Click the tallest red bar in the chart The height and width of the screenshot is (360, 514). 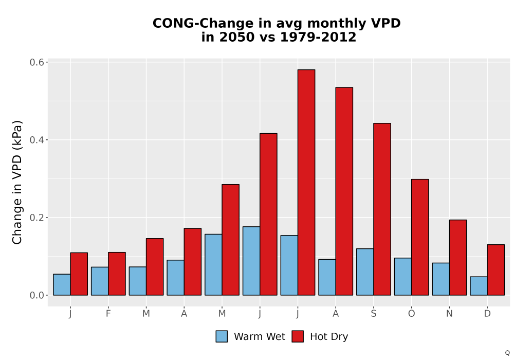pos(306,182)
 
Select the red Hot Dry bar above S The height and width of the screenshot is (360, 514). pos(382,209)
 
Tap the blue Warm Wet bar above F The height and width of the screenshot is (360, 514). pos(100,281)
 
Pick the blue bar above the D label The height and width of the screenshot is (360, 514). pos(479,286)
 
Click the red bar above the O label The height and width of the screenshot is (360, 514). pos(420,238)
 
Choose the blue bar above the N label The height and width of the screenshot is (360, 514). pos(441,279)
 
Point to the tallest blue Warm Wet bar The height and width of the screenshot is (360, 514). pos(251,261)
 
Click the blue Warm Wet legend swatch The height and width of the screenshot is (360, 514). pos(222,336)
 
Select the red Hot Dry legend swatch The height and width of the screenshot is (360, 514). pos(298,336)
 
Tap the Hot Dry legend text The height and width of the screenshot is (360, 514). pos(329,337)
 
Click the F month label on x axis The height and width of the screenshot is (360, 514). pos(108,314)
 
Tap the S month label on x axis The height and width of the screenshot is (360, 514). pos(374,314)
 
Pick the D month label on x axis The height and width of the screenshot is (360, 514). pos(487,314)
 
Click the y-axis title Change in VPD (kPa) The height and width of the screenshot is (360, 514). pos(17,182)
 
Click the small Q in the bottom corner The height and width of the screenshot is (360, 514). pos(507,353)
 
